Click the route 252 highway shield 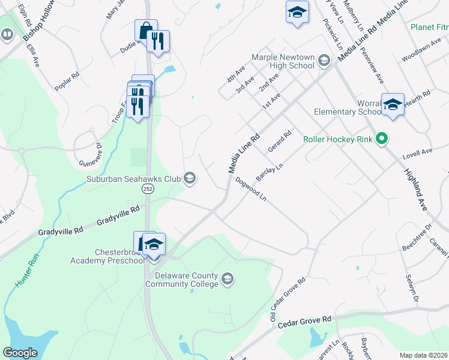click(x=147, y=189)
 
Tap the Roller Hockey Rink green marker click(x=381, y=139)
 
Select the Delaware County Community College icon click(x=228, y=278)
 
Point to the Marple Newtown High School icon click(x=324, y=60)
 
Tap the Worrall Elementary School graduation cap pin click(x=393, y=104)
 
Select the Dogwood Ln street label click(x=251, y=188)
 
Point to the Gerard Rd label click(x=280, y=141)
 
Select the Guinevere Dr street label click(x=89, y=154)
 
